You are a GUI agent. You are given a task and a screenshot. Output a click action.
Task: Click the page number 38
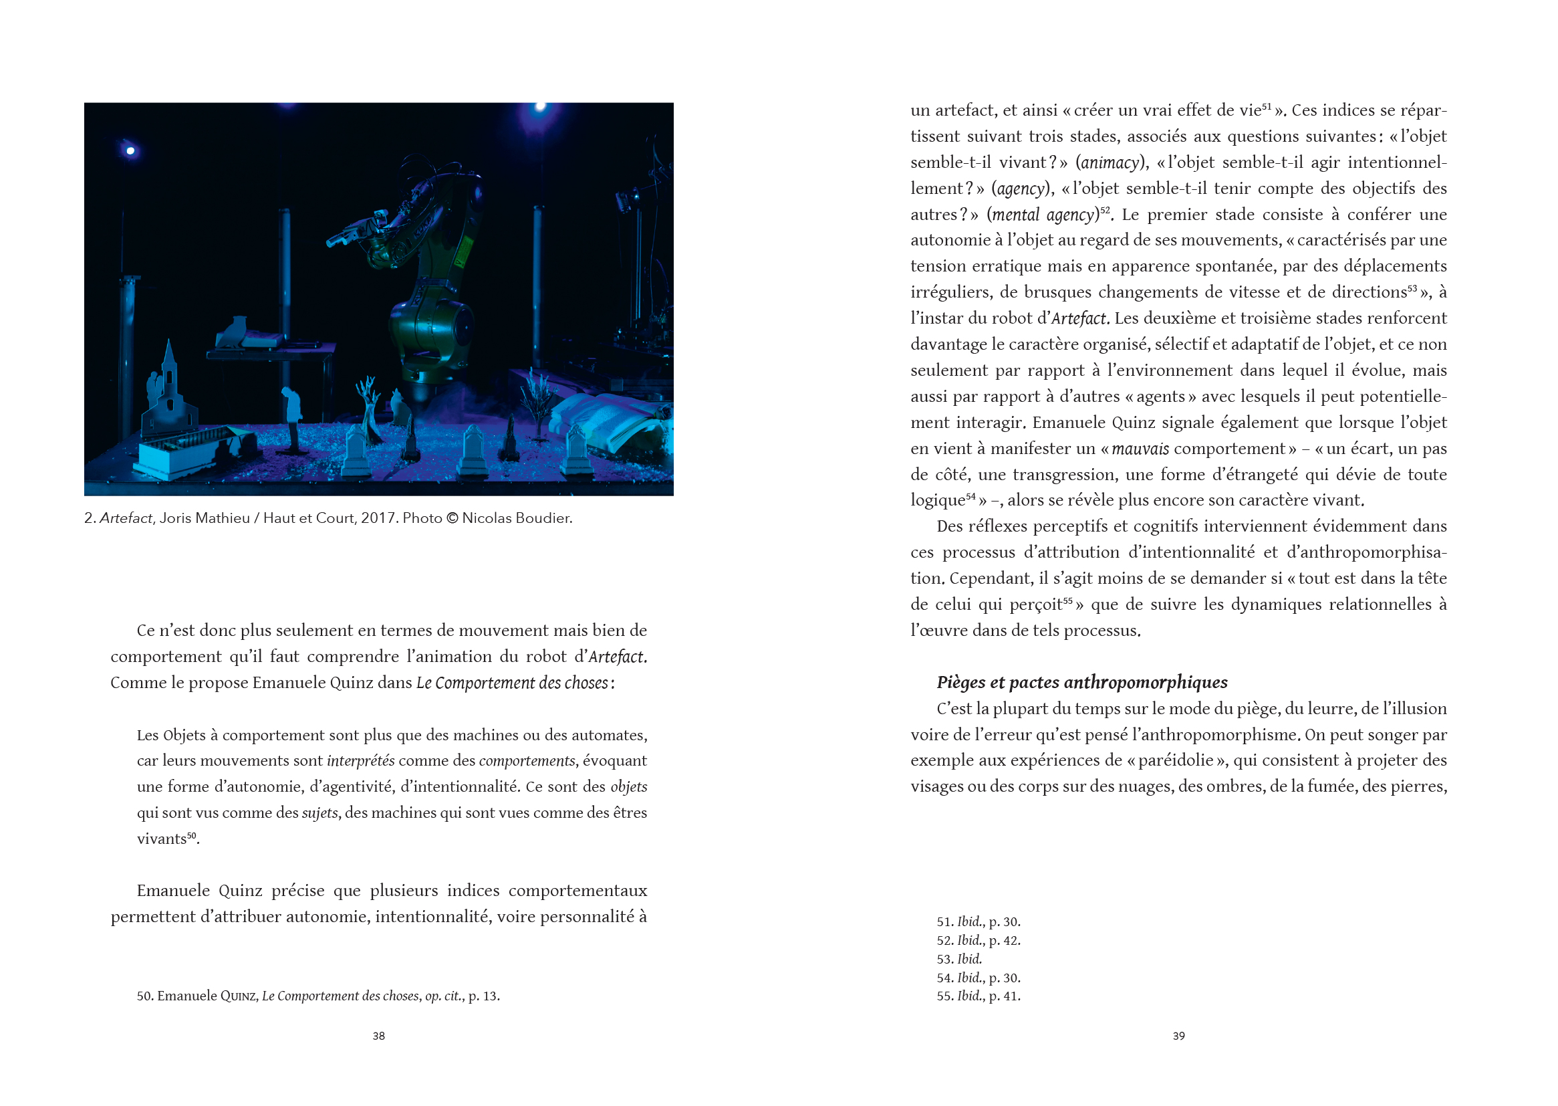(x=378, y=1036)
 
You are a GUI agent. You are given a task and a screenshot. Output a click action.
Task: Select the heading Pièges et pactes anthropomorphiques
(x=1081, y=683)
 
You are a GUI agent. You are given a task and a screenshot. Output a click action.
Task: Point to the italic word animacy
(x=1110, y=162)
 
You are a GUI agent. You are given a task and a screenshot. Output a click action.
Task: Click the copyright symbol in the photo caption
(x=452, y=518)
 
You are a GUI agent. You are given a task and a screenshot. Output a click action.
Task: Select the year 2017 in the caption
(x=378, y=518)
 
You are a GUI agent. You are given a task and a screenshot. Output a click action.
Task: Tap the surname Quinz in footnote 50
(x=237, y=996)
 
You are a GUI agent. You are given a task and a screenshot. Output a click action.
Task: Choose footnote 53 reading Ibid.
(x=959, y=959)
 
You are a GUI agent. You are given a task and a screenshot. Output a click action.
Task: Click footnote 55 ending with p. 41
(x=978, y=996)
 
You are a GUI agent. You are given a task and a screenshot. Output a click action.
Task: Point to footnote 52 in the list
(x=978, y=941)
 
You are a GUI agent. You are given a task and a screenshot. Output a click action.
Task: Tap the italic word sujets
(x=319, y=813)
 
